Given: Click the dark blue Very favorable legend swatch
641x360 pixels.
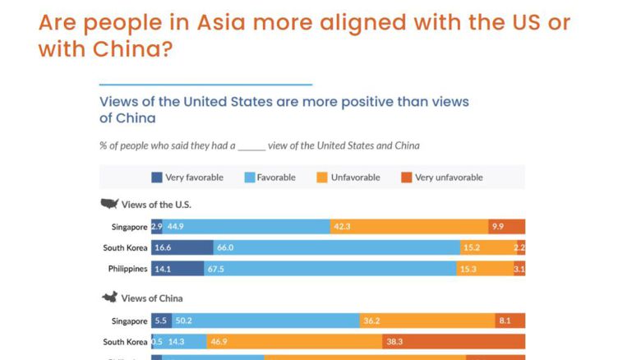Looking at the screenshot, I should point(156,178).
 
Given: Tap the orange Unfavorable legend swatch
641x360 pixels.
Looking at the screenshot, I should point(322,178).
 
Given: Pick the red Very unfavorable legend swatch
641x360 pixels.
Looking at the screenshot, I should point(406,178).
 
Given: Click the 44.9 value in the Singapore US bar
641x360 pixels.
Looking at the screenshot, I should point(247,227).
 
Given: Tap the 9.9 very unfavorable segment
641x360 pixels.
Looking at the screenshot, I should point(506,227).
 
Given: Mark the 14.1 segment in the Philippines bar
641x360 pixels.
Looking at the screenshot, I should point(177,269).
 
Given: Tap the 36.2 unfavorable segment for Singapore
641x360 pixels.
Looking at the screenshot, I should point(427,321).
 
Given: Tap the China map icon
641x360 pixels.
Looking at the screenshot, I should point(108,298).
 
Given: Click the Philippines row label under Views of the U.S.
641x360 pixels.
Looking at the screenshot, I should point(127,269).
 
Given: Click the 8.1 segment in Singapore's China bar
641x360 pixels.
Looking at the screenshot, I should point(510,321).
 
